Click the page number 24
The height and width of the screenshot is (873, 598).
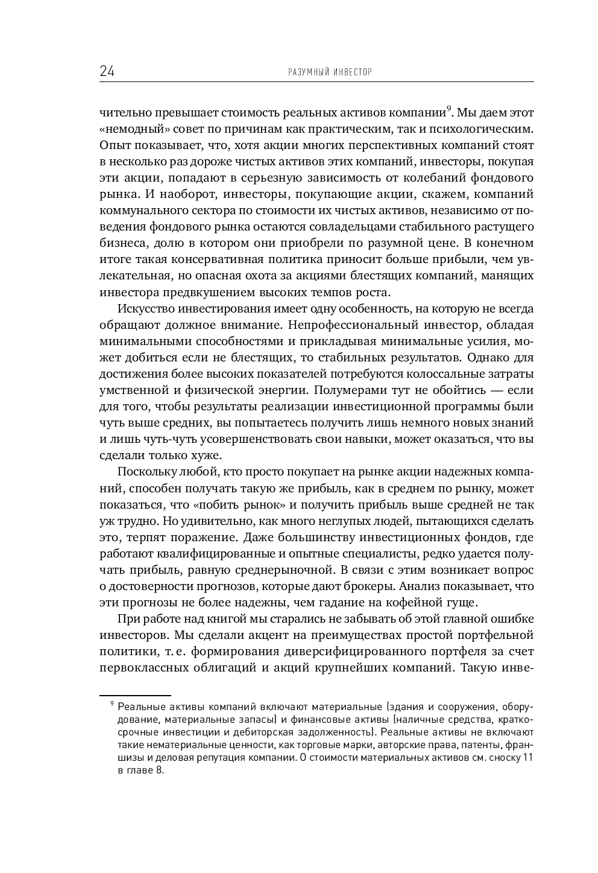(x=107, y=72)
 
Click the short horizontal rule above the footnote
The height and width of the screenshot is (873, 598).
(x=135, y=695)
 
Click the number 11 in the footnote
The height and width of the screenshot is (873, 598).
(x=527, y=757)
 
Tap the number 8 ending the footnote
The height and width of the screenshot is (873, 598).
(x=160, y=770)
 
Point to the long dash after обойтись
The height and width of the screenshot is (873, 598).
(x=499, y=390)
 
